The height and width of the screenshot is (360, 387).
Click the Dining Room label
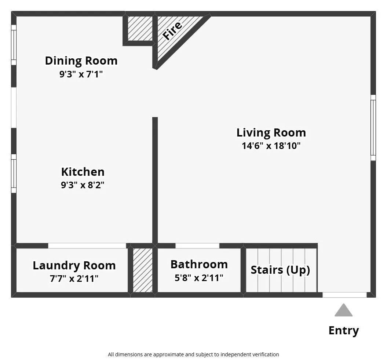point(81,61)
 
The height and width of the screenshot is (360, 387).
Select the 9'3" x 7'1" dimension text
point(81,74)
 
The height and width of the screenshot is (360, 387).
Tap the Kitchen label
point(83,172)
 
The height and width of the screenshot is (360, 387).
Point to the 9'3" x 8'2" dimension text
point(83,185)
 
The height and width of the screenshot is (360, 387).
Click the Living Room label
point(271,132)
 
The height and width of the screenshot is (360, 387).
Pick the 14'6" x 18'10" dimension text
point(271,146)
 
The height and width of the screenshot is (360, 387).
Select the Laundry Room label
point(74,265)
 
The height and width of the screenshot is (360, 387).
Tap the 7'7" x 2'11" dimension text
point(74,279)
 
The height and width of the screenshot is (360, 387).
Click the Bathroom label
point(199,264)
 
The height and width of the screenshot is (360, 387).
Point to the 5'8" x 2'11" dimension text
point(199,278)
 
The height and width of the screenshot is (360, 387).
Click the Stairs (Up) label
point(280,270)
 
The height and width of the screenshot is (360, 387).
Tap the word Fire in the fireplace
point(172,30)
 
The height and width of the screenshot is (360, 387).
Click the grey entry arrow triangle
point(343,310)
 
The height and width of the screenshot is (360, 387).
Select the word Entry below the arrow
point(343,330)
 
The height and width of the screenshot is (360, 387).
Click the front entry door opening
point(344,295)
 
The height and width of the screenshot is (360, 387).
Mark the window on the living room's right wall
point(373,128)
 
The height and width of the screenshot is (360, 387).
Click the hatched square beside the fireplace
point(140,29)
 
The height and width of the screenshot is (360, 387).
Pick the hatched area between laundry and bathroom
point(142,270)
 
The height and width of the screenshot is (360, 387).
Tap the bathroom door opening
point(197,246)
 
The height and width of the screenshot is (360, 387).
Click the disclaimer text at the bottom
point(193,354)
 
